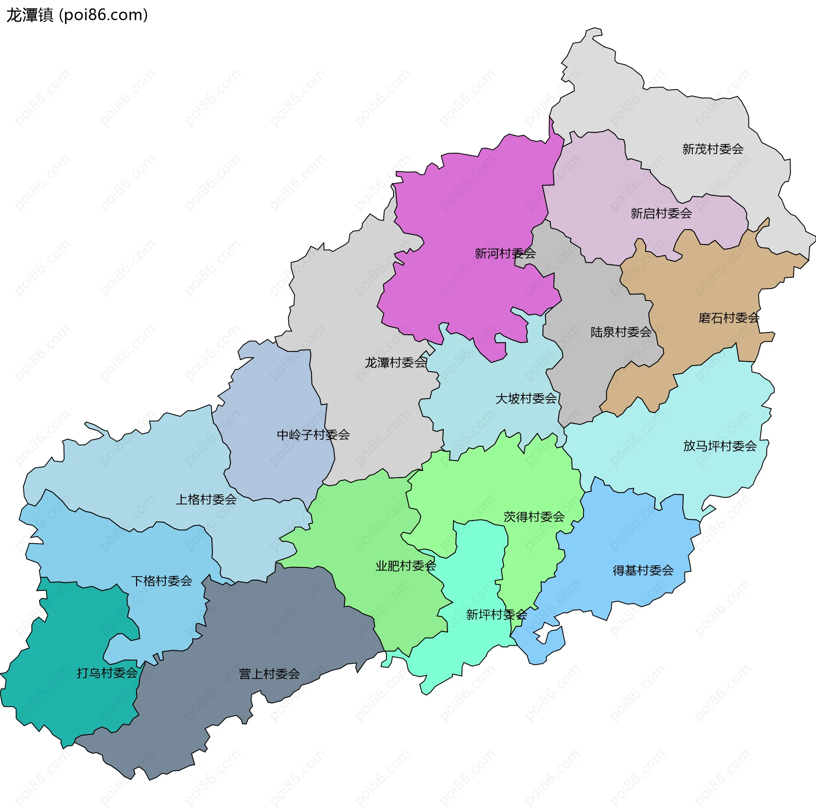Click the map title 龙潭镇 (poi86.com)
coord(77,15)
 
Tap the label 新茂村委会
coord(713,149)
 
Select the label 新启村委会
coord(661,213)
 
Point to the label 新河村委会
coord(505,254)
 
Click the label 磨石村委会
coord(728,318)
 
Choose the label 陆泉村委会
coord(620,332)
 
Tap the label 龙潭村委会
coord(395,363)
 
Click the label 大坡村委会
coord(526,399)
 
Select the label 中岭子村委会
coord(313,435)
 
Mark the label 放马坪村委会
coord(720,446)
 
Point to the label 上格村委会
coord(206,499)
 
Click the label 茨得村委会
coord(534,517)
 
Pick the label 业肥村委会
coord(405,566)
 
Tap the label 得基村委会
coord(643,570)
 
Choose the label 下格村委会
coord(161,581)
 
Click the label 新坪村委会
coord(496,615)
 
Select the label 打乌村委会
coord(107,673)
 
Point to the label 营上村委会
coord(269,674)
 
